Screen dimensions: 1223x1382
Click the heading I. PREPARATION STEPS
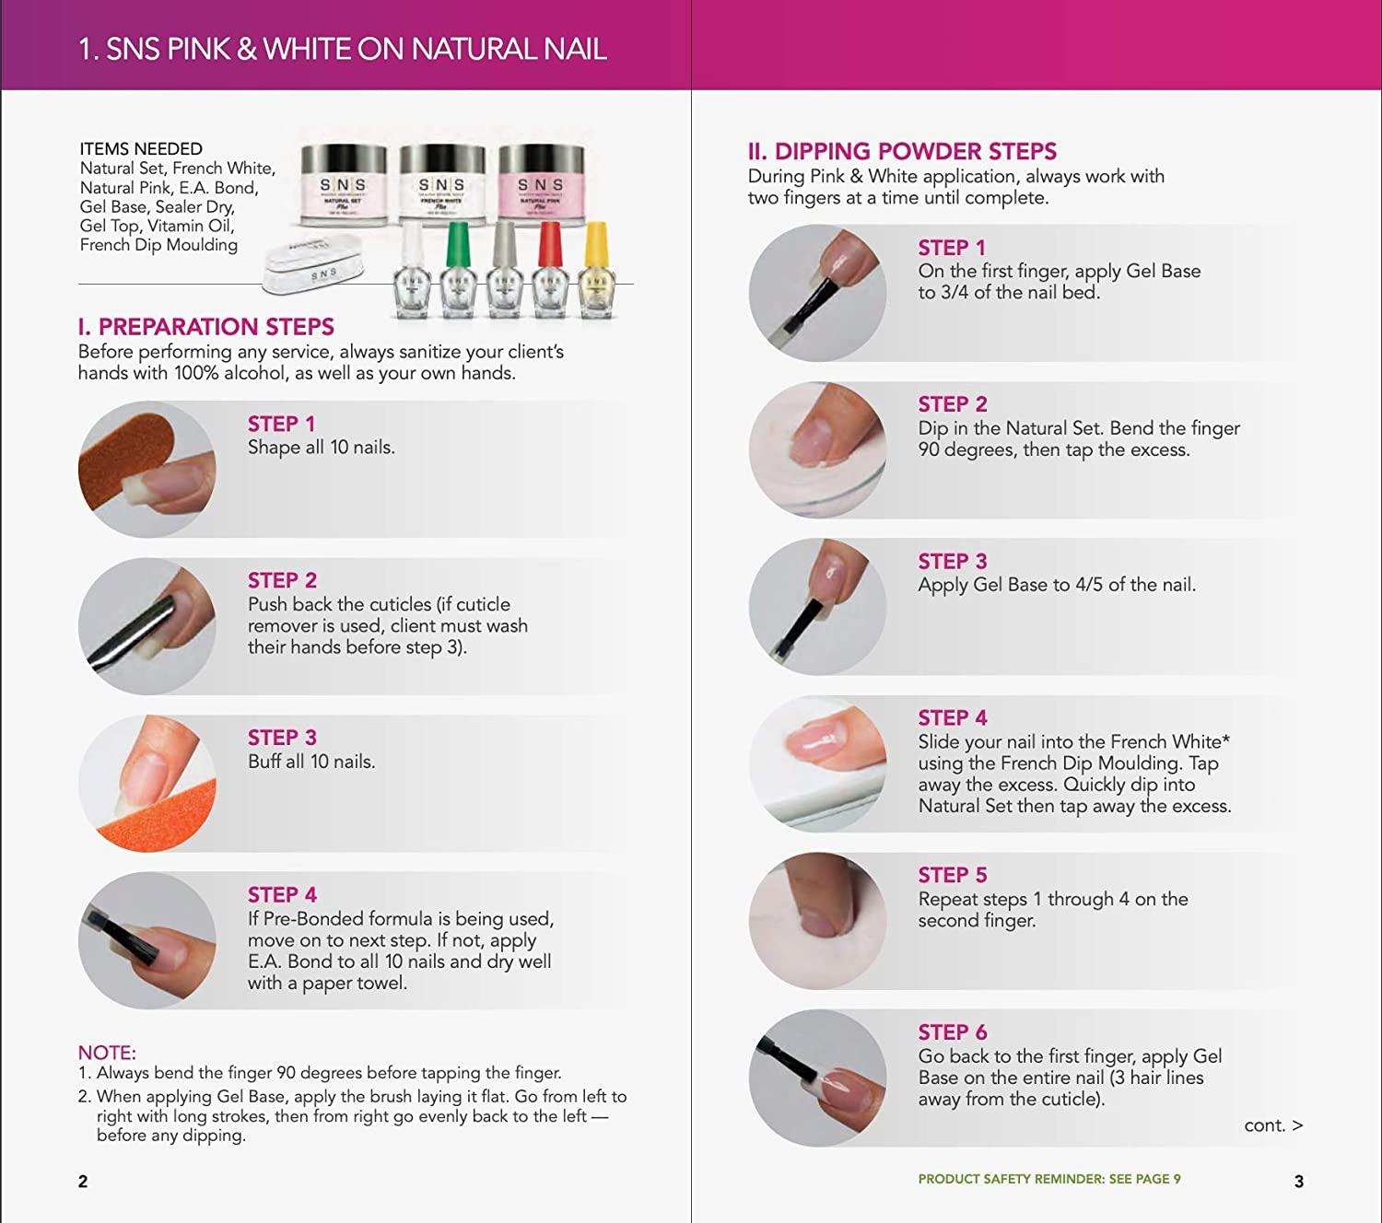pos(205,327)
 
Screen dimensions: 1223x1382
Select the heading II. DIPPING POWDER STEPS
pos(902,151)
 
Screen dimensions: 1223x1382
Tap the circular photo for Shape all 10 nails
pos(147,470)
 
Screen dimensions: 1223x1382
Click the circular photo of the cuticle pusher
pos(147,626)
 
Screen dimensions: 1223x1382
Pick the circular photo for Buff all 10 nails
pos(147,784)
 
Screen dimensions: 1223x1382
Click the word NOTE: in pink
pos(107,1053)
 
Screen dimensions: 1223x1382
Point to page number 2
pos(83,1182)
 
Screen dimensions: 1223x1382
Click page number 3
pos(1299,1182)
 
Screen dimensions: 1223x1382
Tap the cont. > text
pos(1272,1125)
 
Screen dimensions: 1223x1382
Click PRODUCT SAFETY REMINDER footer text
pos(1048,1179)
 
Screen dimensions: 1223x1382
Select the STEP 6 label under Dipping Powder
pos(952,1032)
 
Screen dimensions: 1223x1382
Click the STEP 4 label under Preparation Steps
pos(282,895)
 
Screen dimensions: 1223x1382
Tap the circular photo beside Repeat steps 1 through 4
pos(818,922)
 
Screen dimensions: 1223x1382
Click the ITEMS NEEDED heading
pos(141,148)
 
